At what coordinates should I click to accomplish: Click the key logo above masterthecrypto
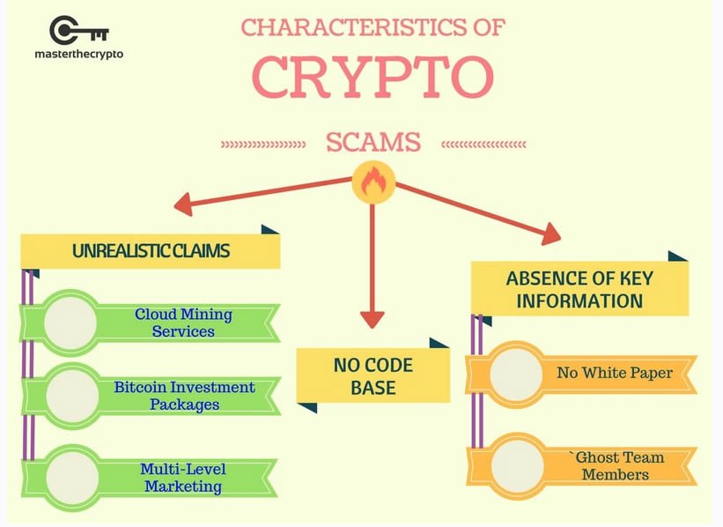(78, 31)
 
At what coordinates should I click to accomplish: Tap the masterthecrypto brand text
(79, 54)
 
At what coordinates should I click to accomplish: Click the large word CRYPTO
(373, 77)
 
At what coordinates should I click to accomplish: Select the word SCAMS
(373, 142)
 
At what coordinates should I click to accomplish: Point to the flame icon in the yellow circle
(373, 182)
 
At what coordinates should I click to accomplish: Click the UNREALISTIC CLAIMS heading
(151, 251)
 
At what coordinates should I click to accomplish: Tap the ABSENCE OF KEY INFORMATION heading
(579, 290)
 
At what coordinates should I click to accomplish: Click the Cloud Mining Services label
(183, 323)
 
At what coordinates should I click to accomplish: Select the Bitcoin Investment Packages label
(184, 396)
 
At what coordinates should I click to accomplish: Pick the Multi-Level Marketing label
(183, 478)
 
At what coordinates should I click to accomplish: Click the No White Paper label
(615, 373)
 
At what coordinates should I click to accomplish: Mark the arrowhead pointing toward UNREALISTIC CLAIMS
(183, 204)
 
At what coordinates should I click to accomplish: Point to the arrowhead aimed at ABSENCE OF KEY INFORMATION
(551, 234)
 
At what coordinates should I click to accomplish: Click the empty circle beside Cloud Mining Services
(70, 323)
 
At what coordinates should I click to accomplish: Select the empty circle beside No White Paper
(515, 375)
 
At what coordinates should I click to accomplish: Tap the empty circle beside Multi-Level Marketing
(72, 478)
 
